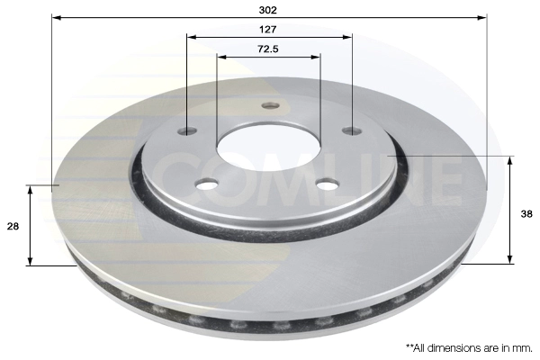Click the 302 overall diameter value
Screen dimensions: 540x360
[267, 10]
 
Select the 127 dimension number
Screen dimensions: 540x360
[267, 30]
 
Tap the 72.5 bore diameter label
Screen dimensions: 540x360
[268, 49]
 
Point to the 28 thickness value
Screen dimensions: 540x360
[13, 227]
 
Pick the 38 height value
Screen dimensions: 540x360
[526, 214]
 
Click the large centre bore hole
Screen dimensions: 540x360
[268, 148]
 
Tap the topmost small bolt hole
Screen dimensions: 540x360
[270, 105]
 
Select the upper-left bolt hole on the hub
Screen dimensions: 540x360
[188, 131]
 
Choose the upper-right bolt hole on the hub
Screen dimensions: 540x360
[352, 130]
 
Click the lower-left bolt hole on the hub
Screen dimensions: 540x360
[207, 184]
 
